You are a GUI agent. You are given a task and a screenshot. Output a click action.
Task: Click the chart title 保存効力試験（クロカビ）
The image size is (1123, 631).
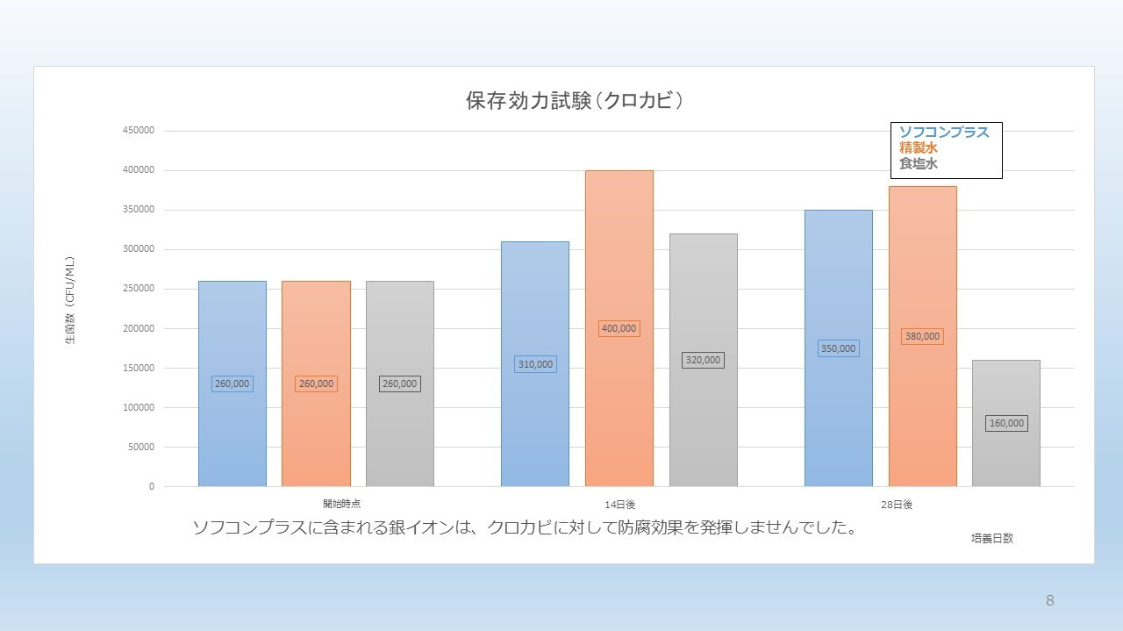tap(575, 101)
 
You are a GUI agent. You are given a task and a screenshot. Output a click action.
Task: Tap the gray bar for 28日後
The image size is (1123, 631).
tap(1005, 456)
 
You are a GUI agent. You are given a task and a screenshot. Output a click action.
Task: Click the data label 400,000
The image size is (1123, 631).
tap(619, 328)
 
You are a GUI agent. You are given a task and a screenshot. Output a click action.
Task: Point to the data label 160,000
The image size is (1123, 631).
tap(1006, 423)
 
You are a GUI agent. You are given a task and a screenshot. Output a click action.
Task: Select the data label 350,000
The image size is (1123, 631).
tap(838, 348)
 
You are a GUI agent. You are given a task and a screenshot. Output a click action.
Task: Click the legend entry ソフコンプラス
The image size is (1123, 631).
tap(944, 133)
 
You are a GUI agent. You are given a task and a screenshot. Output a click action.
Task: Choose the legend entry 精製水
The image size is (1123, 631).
tap(919, 148)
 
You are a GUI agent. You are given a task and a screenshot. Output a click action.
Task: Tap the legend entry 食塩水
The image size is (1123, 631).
tap(919, 163)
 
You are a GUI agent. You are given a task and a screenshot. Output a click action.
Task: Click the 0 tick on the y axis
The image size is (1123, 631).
tap(151, 486)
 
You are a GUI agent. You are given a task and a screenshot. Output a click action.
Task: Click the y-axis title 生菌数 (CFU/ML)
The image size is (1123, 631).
tap(70, 300)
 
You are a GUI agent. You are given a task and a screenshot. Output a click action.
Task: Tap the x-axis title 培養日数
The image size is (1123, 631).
tap(991, 538)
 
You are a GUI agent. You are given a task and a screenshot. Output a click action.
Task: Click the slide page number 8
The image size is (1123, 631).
tap(1049, 600)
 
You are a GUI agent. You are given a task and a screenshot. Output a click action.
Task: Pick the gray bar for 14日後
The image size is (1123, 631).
tap(703, 404)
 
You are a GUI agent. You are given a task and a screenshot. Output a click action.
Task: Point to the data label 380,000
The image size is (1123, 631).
tap(922, 336)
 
